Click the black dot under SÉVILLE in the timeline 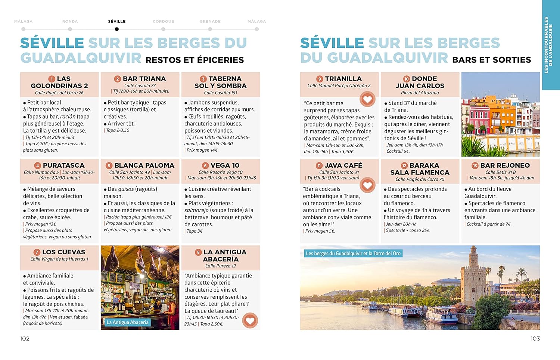(117, 29)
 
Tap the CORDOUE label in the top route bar (163, 22)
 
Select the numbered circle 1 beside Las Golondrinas (52, 79)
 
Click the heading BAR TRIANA (144, 79)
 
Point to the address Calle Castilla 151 (221, 93)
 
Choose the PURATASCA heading (63, 165)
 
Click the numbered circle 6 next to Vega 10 (205, 165)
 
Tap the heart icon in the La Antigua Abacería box (250, 320)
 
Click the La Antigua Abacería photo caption (128, 322)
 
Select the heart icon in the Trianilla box (367, 99)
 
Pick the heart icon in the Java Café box (367, 185)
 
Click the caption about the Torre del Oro (353, 254)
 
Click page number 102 (25, 338)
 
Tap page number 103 (535, 338)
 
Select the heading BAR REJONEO (505, 165)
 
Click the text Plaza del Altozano (420, 93)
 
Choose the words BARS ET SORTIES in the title (491, 60)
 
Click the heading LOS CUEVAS (63, 252)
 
